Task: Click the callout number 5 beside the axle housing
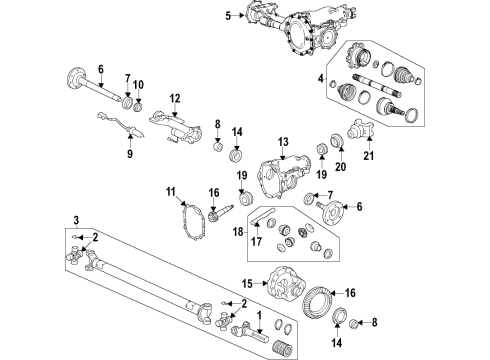point(227,16)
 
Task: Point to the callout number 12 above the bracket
point(174,98)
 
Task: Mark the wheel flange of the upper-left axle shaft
point(75,76)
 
